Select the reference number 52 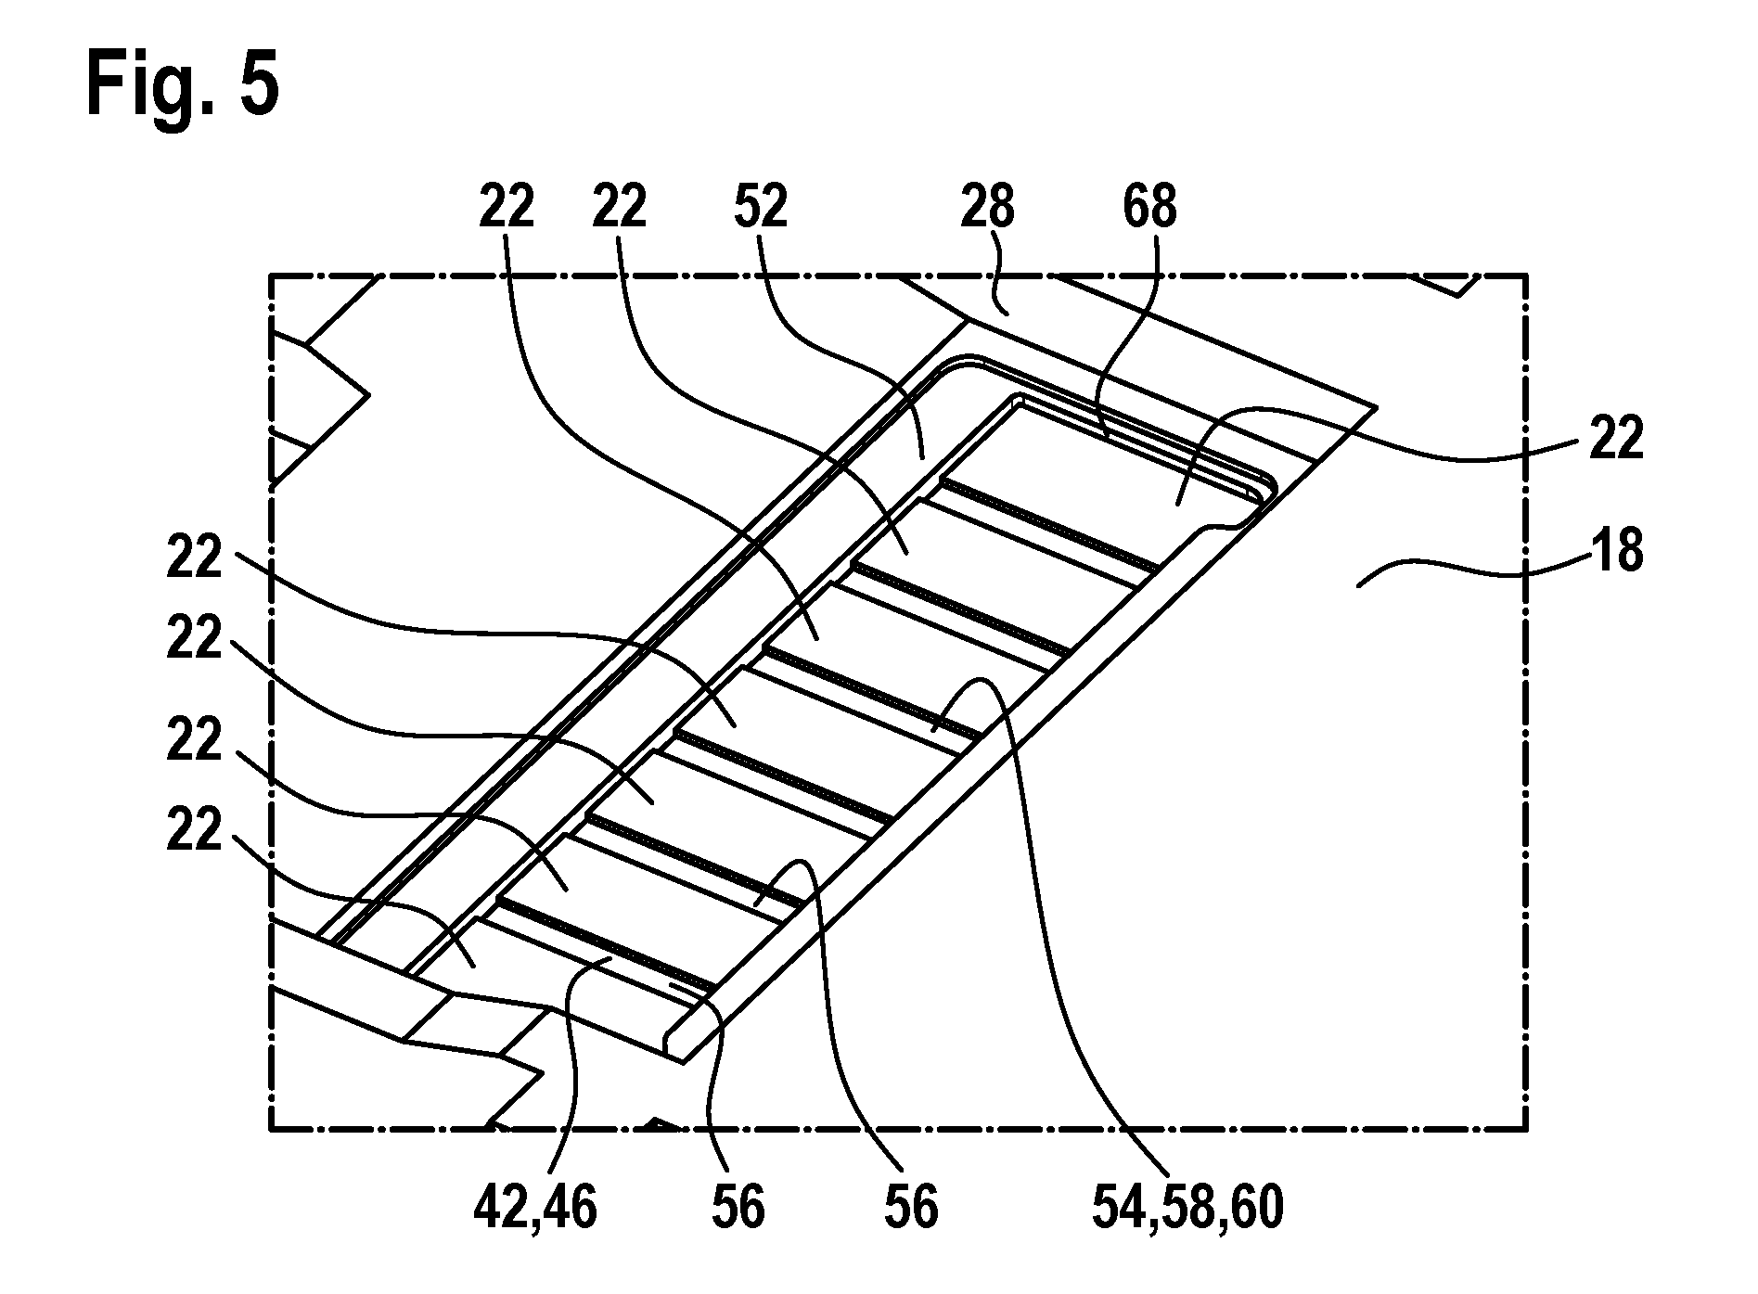click(x=761, y=207)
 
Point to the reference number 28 click(x=987, y=207)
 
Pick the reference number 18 click(x=1616, y=552)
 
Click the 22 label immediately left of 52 click(x=620, y=207)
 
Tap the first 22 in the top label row click(x=507, y=207)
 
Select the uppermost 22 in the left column click(x=195, y=559)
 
